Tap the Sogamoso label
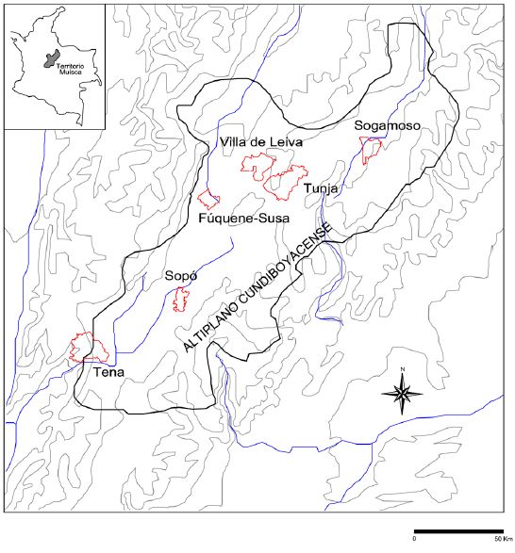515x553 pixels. [x=387, y=125]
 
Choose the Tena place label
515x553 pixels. [x=109, y=372]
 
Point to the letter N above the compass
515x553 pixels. [x=403, y=368]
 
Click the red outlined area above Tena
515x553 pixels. [x=89, y=348]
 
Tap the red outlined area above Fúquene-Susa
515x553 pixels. [x=208, y=199]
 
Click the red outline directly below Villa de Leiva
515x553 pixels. [x=255, y=165]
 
